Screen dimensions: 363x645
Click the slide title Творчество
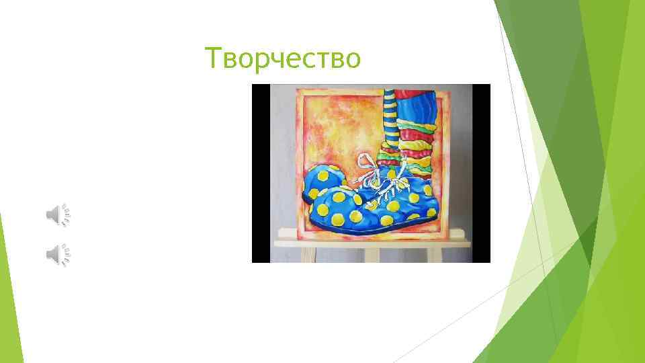[x=283, y=59]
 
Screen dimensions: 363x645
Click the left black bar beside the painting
[x=261, y=173]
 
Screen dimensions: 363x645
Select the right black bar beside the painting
[x=481, y=173]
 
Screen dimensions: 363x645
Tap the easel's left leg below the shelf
[x=308, y=255]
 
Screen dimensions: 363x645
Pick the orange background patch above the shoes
[x=336, y=128]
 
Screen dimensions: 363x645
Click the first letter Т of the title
[x=212, y=59]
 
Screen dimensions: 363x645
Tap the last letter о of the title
[x=353, y=61]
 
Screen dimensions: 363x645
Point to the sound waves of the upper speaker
[x=66, y=215]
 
